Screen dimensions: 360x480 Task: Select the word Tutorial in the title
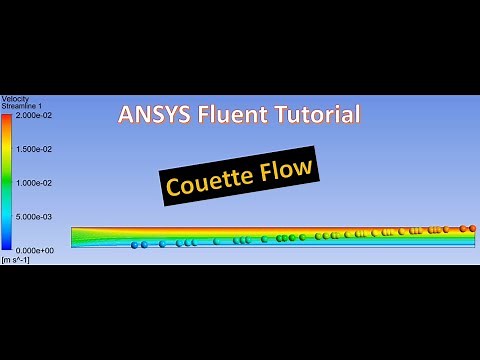click(316, 114)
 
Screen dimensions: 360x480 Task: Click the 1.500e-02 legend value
click(36, 149)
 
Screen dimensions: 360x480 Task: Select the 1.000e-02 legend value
click(36, 182)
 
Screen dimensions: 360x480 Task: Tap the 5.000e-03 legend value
click(36, 216)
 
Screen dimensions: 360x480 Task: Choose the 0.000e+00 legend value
click(36, 249)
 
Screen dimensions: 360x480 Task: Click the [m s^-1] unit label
click(15, 260)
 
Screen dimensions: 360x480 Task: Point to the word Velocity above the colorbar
click(15, 98)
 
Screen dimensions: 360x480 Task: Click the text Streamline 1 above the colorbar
click(21, 105)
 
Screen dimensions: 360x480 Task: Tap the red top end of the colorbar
click(7, 118)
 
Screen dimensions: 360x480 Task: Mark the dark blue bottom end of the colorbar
click(7, 244)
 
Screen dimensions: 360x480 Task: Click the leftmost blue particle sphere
click(134, 245)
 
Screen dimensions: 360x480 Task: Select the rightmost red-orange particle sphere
click(472, 228)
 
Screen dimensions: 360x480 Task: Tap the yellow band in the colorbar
click(7, 150)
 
